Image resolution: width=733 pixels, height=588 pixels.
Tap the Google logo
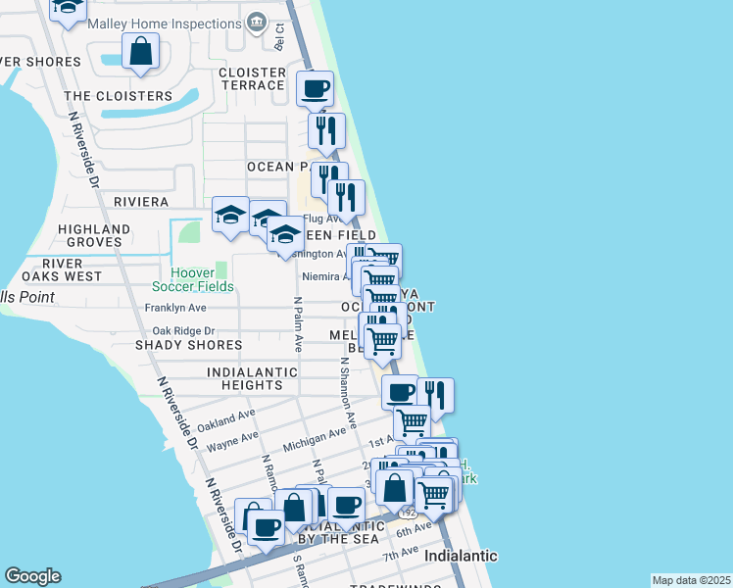tap(32, 576)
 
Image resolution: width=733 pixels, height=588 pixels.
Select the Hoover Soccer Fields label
tap(193, 279)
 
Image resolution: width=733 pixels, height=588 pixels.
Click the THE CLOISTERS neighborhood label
tap(118, 96)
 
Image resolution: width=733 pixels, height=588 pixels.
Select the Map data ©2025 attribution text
tap(690, 580)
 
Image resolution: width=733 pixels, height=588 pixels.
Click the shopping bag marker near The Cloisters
tap(141, 52)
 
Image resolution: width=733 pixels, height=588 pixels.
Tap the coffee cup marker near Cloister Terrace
tap(315, 89)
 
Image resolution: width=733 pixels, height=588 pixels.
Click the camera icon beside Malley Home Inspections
tap(256, 21)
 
